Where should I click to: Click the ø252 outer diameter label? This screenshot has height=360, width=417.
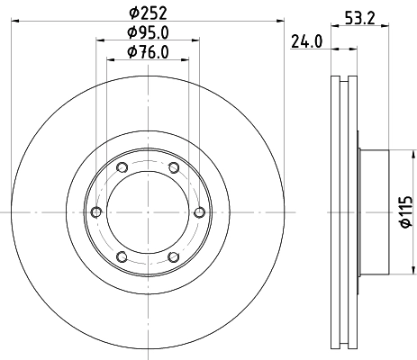pos(147,13)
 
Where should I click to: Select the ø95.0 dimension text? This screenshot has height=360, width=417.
pos(147,33)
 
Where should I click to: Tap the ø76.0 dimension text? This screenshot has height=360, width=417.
pos(147,52)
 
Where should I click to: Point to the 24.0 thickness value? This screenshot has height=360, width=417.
pos(306,40)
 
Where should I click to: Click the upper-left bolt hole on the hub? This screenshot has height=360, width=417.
pos(122,167)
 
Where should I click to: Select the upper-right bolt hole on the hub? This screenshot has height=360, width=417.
pos(172,167)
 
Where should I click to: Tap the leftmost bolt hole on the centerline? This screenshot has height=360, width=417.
pos(95,211)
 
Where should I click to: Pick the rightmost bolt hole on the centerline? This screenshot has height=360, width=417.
pos(198,211)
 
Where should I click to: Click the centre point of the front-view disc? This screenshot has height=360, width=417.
pos(147,211)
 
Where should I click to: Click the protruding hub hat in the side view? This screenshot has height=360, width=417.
pos(374,212)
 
